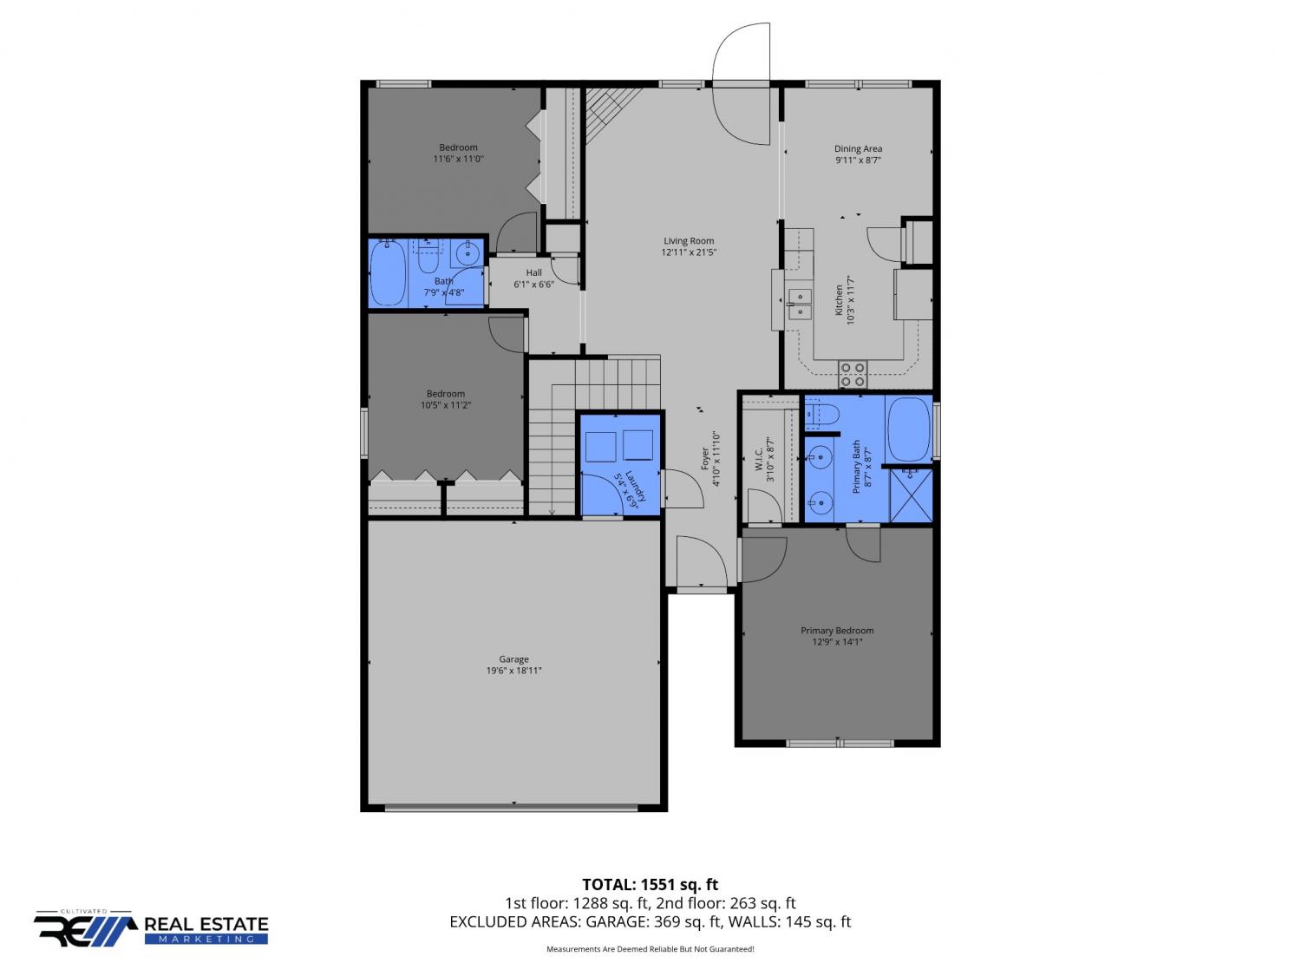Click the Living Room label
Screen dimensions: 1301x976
click(x=688, y=240)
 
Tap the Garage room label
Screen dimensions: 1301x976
click(x=513, y=659)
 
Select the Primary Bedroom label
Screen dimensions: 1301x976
click(x=837, y=631)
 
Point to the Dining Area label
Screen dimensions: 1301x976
click(x=858, y=148)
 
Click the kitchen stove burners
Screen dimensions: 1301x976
click(x=852, y=375)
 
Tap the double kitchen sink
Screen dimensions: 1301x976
click(x=799, y=303)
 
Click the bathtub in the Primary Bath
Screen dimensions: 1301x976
click(x=909, y=429)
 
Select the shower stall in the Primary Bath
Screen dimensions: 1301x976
click(x=911, y=495)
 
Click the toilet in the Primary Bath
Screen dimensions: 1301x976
click(x=822, y=413)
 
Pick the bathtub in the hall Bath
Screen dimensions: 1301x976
click(x=388, y=273)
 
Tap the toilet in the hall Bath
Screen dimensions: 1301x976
click(x=428, y=255)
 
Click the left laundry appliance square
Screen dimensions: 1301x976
click(x=600, y=446)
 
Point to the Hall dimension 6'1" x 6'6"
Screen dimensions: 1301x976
click(x=533, y=285)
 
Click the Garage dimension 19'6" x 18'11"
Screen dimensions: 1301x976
click(x=513, y=671)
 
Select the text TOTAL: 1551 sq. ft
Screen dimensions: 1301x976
click(x=650, y=885)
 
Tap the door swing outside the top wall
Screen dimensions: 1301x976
click(x=741, y=51)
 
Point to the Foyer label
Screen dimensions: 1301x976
click(x=705, y=459)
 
